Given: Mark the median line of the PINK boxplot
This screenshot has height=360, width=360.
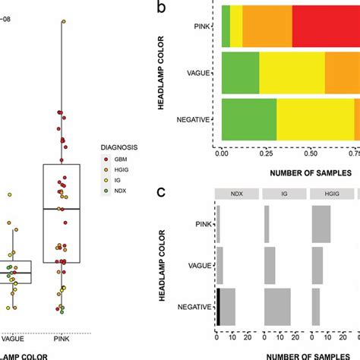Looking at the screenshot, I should tap(62, 208).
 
